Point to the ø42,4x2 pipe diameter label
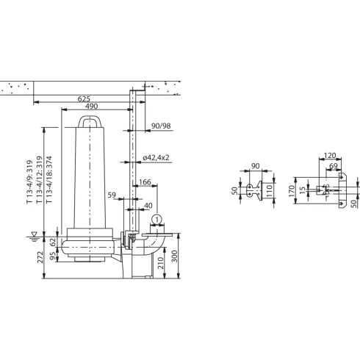click(x=157, y=157)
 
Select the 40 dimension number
click(x=149, y=206)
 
